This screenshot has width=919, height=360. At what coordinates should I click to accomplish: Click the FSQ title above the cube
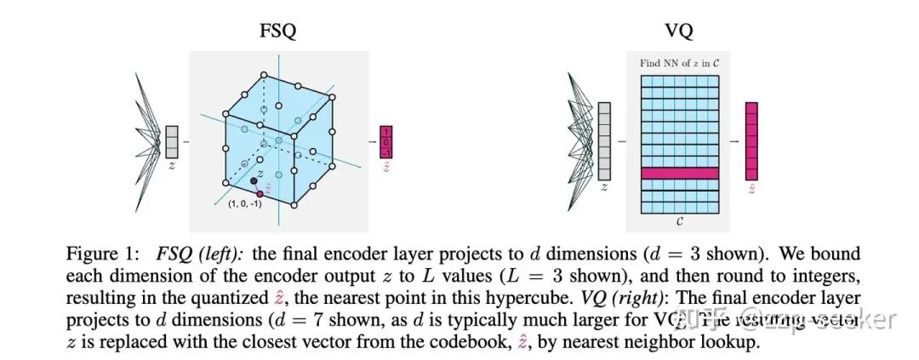(x=277, y=32)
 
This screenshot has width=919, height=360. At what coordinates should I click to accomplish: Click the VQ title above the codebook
(x=678, y=32)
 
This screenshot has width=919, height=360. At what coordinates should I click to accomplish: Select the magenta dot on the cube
(x=260, y=194)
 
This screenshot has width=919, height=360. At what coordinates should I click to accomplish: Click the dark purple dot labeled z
(x=254, y=180)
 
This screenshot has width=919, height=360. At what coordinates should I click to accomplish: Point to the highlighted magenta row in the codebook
(x=678, y=174)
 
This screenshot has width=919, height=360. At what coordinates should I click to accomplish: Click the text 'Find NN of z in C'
(x=678, y=63)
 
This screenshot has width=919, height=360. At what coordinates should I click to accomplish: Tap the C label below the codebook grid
(x=678, y=220)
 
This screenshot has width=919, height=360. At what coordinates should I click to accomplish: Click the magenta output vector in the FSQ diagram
(x=386, y=142)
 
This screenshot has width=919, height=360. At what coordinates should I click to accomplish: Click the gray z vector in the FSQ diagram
(x=172, y=141)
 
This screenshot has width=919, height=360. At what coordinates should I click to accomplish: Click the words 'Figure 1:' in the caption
(x=98, y=254)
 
